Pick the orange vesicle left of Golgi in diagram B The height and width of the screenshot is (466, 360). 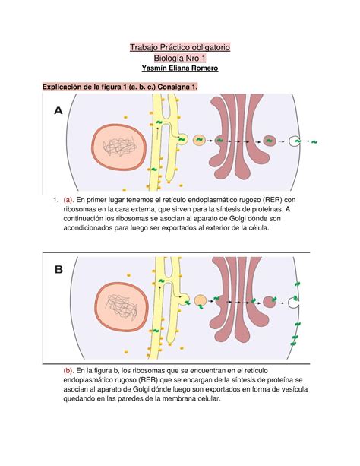[x=200, y=301]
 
